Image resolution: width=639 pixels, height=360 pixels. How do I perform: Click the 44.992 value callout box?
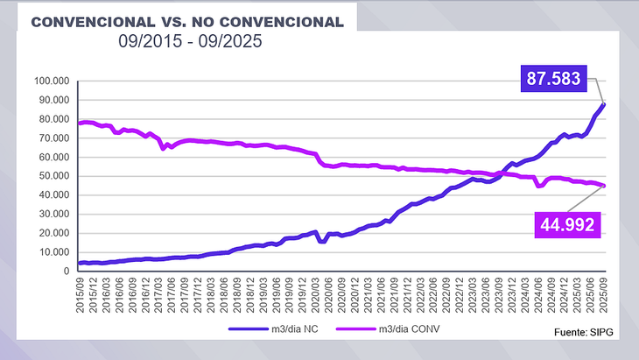click(x=565, y=225)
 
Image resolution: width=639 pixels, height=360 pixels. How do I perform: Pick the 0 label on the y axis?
click(x=67, y=272)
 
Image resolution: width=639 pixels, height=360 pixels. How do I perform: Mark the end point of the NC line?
click(x=604, y=105)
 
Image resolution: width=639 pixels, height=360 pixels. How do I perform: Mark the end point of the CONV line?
click(x=604, y=186)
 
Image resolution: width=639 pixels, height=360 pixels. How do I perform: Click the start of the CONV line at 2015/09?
click(x=80, y=124)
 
